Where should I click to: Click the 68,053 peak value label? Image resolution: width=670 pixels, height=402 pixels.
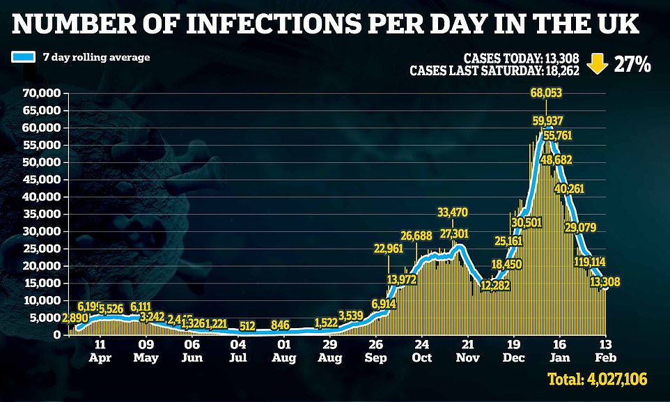coord(545,93)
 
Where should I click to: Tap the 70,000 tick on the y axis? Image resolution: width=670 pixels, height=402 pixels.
coord(41,93)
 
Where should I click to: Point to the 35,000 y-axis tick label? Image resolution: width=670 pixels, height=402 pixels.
coord(41,214)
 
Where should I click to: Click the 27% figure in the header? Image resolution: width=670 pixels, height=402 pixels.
coord(632,65)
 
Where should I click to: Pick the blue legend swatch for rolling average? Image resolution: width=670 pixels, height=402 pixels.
coord(23,57)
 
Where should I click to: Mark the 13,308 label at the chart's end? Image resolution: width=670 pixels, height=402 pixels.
coord(605,282)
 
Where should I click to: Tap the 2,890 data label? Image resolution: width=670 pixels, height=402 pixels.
coord(75,318)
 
